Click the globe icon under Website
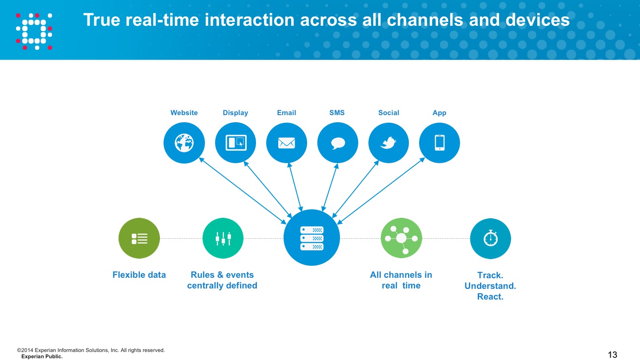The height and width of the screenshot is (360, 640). coord(184,143)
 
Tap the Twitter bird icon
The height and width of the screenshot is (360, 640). coord(388,143)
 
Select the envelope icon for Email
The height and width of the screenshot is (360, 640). coord(286,143)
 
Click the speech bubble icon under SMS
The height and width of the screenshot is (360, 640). coord(338,143)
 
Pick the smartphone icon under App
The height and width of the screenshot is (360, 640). coord(440,143)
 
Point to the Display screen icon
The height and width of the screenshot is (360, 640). coord(236,143)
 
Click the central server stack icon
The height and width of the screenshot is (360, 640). coord(312,238)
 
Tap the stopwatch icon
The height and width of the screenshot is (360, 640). coord(491,238)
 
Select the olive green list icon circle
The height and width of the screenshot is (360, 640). coord(139,238)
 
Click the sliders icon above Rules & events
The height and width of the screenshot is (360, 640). coord(223,239)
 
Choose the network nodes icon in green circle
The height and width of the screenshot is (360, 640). coord(401,238)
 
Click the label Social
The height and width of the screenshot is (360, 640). coord(388,112)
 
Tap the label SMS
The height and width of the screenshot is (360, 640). coord(337,112)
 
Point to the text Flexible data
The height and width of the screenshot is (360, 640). coord(139,275)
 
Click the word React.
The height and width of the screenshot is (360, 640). coord(490,296)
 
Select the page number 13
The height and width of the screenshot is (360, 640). coord(612,355)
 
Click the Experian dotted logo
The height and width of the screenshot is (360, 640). coord(34,31)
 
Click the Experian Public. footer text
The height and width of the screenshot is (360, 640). coord(42,356)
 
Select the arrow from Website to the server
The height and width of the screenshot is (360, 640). coord(243,191)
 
